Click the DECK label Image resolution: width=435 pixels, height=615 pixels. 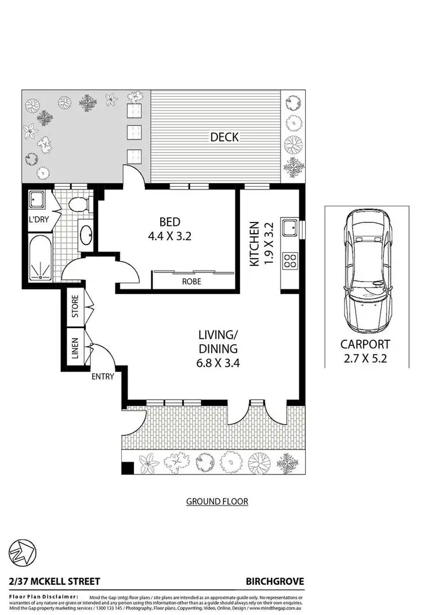(x=224, y=137)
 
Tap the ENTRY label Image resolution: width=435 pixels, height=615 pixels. (x=103, y=376)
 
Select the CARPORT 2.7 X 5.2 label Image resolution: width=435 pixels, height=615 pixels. (x=365, y=351)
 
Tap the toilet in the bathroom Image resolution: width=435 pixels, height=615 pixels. (x=77, y=203)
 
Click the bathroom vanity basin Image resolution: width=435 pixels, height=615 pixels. (x=86, y=235)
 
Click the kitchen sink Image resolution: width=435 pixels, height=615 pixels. (x=289, y=228)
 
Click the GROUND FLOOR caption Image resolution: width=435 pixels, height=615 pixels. (x=217, y=501)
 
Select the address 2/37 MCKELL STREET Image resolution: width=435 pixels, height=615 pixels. (x=55, y=581)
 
